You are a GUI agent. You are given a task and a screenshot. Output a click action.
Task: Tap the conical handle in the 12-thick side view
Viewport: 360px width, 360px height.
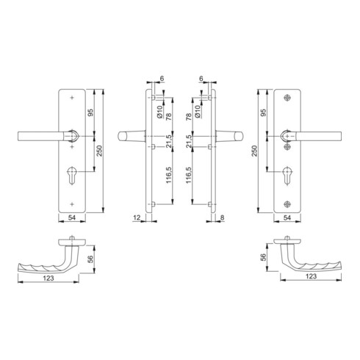(x=132, y=136)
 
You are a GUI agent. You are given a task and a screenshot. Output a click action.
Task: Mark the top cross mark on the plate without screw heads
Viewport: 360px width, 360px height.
(x=71, y=98)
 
